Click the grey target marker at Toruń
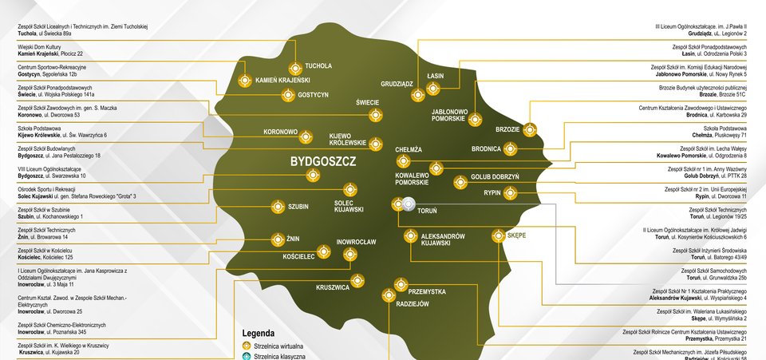click(409, 204)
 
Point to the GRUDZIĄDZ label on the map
click(397, 83)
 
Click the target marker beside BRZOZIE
click(531, 129)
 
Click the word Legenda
click(259, 333)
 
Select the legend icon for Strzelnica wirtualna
click(247, 346)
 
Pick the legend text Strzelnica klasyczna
click(280, 358)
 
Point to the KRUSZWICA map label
click(333, 287)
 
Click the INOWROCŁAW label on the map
click(361, 241)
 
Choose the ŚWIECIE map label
click(367, 102)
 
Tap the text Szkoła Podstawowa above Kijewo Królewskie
click(39, 129)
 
